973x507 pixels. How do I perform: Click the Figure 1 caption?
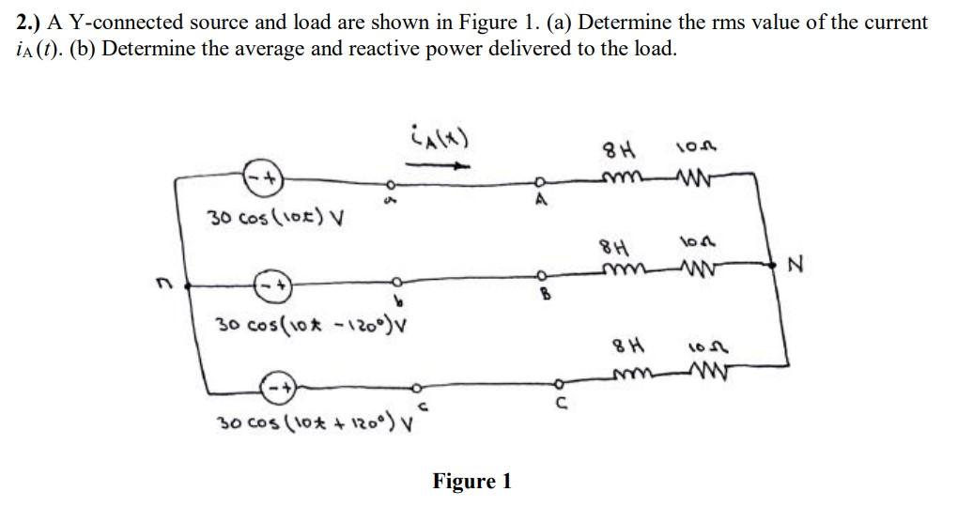pos(471,482)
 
